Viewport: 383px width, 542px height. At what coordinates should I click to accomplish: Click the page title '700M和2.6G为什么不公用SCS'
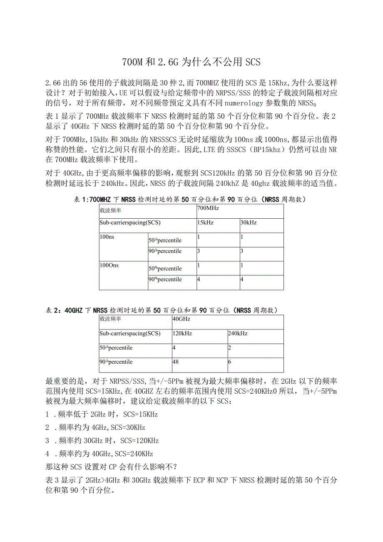(x=191, y=62)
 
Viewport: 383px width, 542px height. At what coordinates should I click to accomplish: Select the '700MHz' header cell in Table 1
(x=208, y=208)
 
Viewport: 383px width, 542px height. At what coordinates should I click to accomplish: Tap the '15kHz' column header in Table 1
(x=205, y=223)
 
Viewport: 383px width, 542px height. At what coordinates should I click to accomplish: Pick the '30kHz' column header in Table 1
(x=249, y=223)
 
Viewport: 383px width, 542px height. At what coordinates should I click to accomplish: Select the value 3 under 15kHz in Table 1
(x=199, y=251)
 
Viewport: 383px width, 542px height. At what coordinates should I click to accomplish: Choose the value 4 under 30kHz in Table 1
(x=242, y=279)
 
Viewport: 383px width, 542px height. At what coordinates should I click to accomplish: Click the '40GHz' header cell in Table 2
(x=182, y=319)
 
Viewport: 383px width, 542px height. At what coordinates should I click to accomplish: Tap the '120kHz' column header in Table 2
(x=182, y=334)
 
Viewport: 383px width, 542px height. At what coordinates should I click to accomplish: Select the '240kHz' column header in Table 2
(x=238, y=334)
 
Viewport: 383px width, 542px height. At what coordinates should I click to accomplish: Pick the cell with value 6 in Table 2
(x=230, y=362)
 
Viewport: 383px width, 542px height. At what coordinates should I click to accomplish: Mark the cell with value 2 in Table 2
(x=230, y=348)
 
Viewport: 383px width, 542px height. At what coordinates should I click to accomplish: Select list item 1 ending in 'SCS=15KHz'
(x=102, y=415)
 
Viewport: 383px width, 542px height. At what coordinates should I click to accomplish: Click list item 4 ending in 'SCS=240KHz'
(x=99, y=454)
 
